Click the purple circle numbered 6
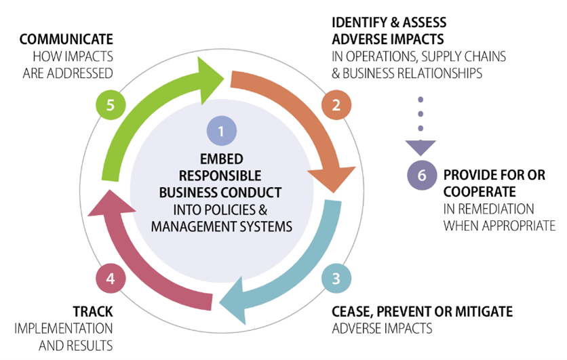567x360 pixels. tap(421, 175)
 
